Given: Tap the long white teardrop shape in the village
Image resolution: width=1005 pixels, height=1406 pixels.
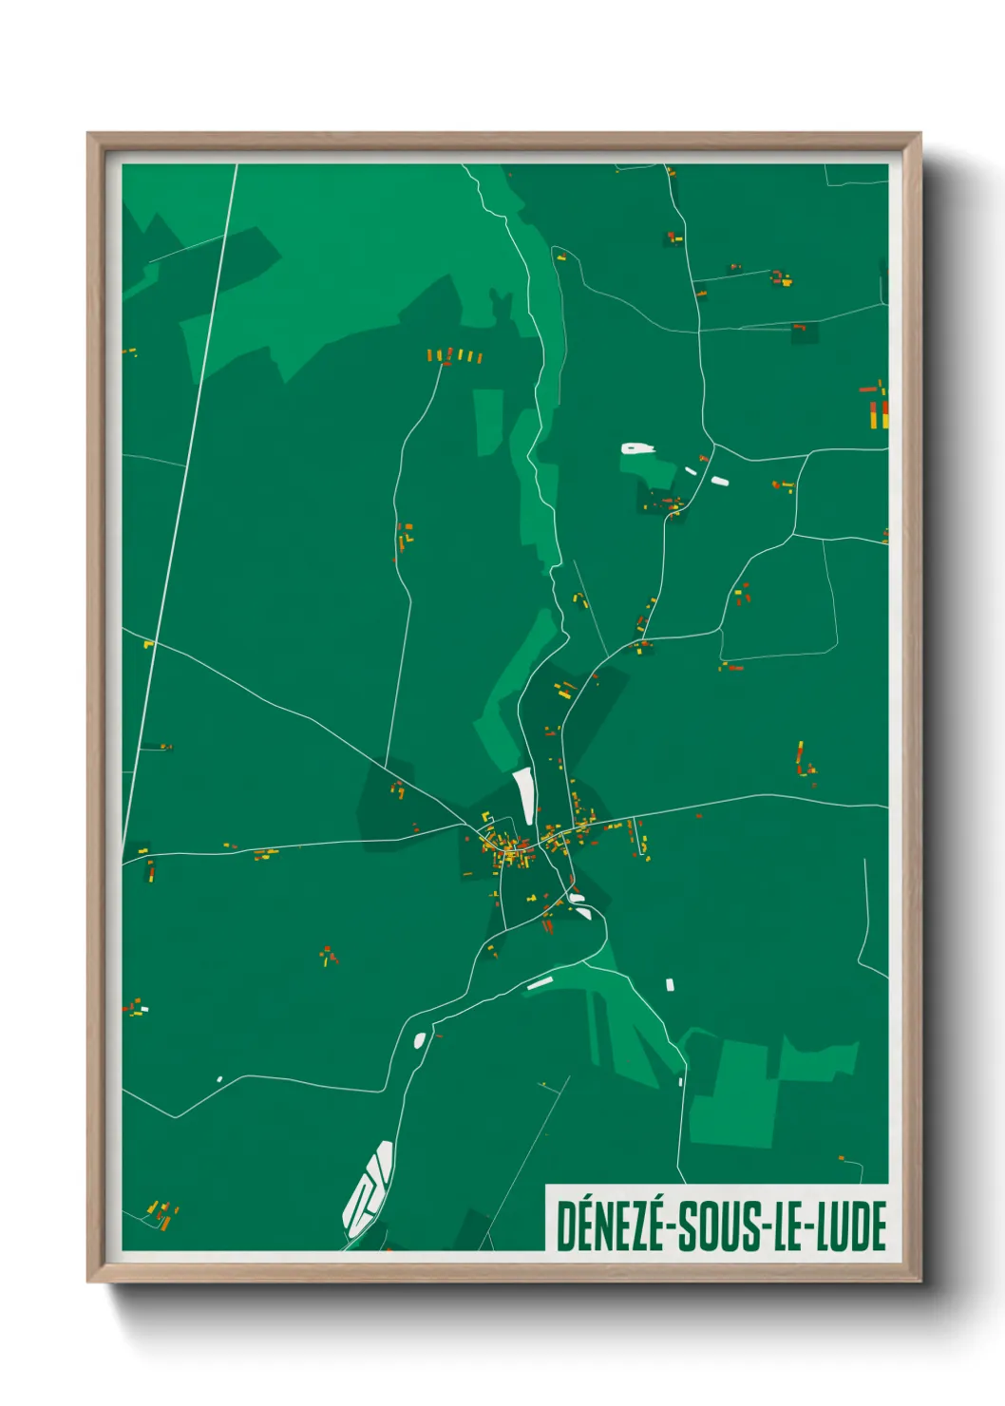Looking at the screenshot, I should click(x=523, y=796).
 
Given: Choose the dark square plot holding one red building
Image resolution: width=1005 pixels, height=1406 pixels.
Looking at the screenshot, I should click(x=805, y=332).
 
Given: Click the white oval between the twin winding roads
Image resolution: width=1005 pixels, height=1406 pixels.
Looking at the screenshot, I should click(x=419, y=1039).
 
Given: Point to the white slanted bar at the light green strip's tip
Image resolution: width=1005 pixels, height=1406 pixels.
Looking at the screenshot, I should click(x=540, y=983).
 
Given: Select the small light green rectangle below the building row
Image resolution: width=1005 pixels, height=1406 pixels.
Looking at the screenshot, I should click(x=488, y=419).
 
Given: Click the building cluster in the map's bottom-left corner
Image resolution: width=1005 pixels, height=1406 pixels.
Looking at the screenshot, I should click(x=162, y=1213).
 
